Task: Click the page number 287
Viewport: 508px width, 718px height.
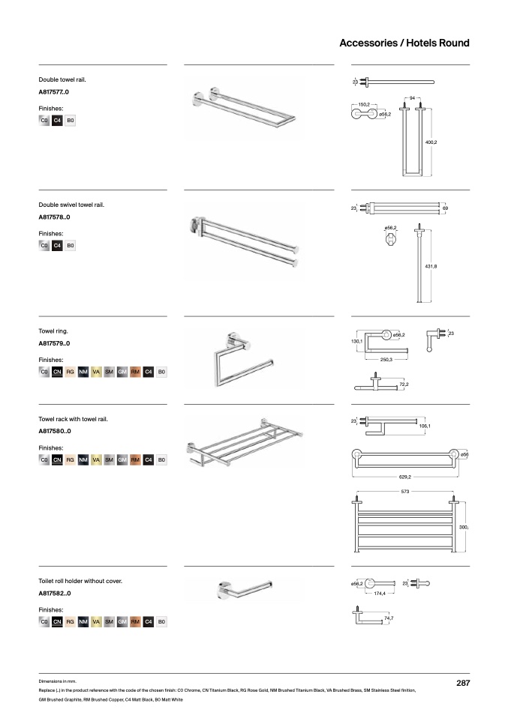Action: coord(463,683)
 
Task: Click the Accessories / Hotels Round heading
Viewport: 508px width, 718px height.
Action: coord(404,43)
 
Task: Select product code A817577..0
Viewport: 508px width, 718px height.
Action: coord(53,92)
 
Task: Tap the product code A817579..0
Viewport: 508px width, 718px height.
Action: coord(54,343)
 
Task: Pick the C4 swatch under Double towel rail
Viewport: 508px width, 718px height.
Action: coord(57,121)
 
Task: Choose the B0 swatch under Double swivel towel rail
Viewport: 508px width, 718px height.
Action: coord(70,245)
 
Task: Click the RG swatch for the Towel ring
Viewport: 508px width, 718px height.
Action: coord(70,372)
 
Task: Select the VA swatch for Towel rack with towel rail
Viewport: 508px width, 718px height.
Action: coord(96,459)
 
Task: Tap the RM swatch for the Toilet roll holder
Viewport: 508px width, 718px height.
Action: coord(135,621)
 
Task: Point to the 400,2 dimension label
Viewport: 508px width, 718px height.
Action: coord(431,142)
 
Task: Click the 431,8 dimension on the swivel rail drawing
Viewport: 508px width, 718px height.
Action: coord(431,267)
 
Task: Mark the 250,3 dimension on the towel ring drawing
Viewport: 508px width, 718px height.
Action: coord(386,360)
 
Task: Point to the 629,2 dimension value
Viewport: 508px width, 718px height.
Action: coord(405,477)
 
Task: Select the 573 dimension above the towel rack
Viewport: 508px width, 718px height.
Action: coord(405,492)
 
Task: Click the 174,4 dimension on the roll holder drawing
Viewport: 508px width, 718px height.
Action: coord(380,594)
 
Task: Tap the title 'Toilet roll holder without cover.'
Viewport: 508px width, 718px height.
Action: coord(80,581)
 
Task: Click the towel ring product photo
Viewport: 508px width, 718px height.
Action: coord(244,360)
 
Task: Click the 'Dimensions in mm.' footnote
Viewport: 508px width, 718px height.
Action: coord(57,681)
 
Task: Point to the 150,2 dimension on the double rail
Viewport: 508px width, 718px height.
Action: coord(364,105)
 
